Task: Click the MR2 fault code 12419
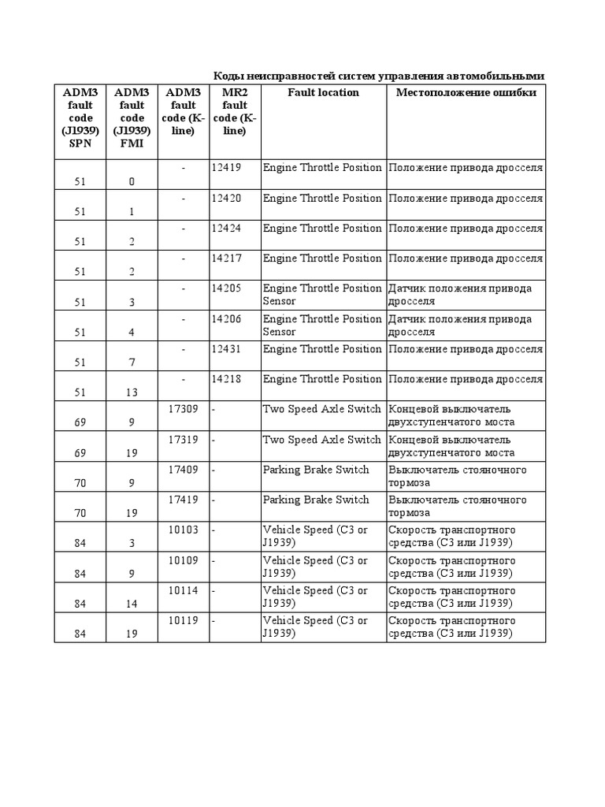click(226, 168)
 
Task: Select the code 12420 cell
click(226, 198)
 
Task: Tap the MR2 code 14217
click(226, 258)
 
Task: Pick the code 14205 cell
click(226, 288)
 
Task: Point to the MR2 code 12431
click(226, 349)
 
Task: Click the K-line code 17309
click(184, 409)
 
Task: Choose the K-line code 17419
click(184, 500)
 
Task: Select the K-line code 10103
click(184, 530)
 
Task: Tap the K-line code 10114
click(184, 590)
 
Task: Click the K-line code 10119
click(184, 620)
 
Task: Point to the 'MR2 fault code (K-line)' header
click(234, 112)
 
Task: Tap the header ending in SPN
click(80, 118)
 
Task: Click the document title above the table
click(379, 76)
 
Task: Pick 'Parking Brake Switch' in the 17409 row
click(316, 470)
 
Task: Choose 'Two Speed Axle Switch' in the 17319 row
click(321, 440)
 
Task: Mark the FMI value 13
click(132, 393)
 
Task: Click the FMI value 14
click(132, 604)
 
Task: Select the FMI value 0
click(132, 182)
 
